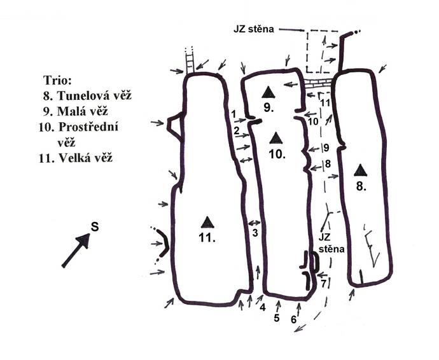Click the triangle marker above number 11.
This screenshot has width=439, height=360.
(x=207, y=222)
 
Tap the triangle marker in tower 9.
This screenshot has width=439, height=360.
(x=268, y=92)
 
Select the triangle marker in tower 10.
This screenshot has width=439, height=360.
(x=276, y=138)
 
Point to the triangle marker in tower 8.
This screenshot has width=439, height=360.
(x=360, y=170)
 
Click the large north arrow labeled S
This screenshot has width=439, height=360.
(x=76, y=250)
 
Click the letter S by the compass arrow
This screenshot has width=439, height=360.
(x=95, y=226)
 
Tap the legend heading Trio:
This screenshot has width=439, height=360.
(x=58, y=81)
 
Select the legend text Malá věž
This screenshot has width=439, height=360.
(x=82, y=111)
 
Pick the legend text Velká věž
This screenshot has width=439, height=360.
(x=85, y=158)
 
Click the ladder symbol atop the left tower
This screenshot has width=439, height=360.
(x=190, y=60)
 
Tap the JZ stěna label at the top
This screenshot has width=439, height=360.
(x=254, y=29)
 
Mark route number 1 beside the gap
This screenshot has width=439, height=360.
(x=233, y=114)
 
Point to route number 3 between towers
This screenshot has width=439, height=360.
(x=254, y=233)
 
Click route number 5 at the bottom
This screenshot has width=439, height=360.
(x=277, y=318)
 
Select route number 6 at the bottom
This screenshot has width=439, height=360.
(x=294, y=320)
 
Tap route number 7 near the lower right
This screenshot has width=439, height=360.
(x=324, y=284)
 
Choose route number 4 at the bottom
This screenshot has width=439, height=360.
(x=262, y=307)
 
